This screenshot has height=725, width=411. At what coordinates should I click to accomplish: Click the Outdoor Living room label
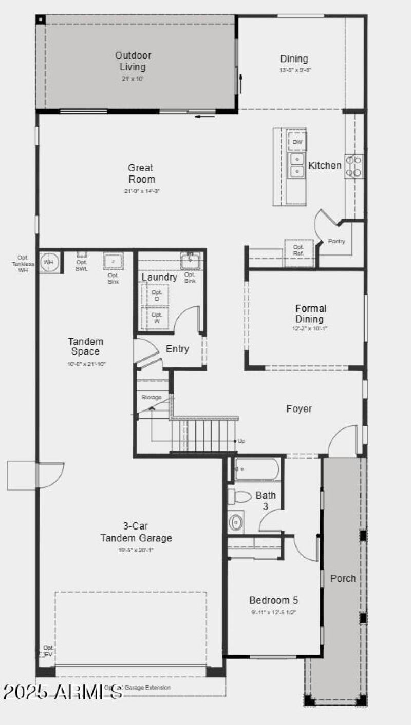tap(133, 61)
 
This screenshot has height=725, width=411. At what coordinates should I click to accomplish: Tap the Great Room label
tap(141, 173)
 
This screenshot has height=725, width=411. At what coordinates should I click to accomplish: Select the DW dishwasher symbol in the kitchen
tap(297, 142)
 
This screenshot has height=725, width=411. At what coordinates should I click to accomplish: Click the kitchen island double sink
tap(297, 165)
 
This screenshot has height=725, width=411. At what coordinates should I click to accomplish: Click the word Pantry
tap(337, 241)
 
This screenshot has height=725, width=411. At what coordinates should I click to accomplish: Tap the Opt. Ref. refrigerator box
tap(298, 250)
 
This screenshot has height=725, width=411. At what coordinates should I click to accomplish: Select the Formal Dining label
tap(310, 313)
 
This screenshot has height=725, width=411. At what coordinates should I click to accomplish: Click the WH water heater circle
tap(49, 262)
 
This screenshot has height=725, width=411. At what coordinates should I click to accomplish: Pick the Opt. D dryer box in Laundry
tap(157, 296)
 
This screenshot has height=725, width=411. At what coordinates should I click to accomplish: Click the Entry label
tap(177, 349)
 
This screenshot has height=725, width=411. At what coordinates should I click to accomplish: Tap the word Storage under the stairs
tap(152, 398)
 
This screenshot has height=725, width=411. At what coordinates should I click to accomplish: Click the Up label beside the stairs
tap(241, 441)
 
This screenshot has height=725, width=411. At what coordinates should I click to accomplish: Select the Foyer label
tap(299, 409)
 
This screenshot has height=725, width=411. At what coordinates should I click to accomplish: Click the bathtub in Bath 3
tap(257, 469)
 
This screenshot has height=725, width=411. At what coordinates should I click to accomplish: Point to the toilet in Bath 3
tap(239, 496)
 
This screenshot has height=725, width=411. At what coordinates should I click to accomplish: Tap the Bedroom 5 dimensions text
tap(273, 612)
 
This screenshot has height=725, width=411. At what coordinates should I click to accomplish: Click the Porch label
tap(343, 578)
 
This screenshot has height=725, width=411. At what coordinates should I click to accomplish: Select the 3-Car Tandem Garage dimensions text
tap(136, 550)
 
